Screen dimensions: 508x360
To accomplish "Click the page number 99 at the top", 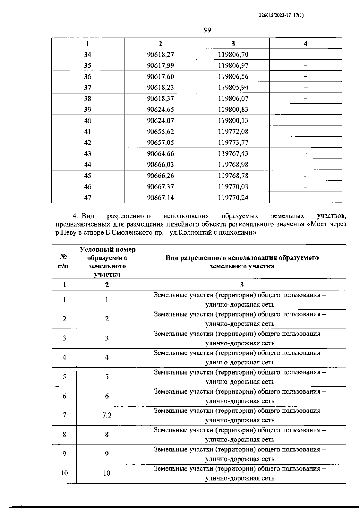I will point(207,30).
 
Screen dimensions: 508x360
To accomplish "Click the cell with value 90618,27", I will point(160,55).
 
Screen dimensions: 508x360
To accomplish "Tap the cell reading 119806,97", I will point(233,66).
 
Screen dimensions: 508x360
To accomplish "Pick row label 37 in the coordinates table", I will point(88,88).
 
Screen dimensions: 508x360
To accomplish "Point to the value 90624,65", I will point(160,110).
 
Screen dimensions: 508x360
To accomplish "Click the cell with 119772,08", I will point(233,132).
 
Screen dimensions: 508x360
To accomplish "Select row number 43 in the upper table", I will point(88,154).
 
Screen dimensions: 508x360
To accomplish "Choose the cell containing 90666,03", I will point(160,165).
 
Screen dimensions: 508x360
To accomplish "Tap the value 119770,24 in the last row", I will point(233,198).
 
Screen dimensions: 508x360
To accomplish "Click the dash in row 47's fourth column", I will point(306,198).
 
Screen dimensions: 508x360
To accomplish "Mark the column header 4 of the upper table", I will point(306,43).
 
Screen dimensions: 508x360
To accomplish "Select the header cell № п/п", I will point(64,261).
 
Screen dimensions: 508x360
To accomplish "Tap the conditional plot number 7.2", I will point(107,415).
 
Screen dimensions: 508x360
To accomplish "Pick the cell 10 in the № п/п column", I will point(64,473).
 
